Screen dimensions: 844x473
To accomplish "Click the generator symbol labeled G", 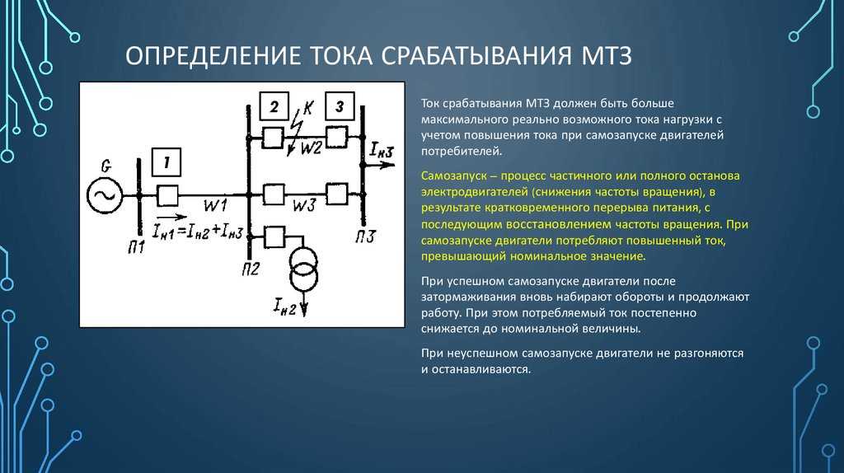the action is coord(105,195).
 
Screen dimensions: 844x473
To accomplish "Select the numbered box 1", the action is coord(166,162).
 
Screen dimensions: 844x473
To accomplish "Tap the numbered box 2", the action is coord(274,106).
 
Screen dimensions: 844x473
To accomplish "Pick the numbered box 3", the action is coord(340,105).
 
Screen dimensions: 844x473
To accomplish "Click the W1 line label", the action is coord(215,205).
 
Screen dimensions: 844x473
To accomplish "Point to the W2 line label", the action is coord(311,148).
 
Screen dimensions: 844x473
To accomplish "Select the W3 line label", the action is coord(304,205).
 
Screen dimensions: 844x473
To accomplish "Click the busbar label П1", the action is coord(136,247).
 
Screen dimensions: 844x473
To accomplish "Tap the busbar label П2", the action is coord(251,269).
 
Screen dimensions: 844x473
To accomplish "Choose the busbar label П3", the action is coord(365,236).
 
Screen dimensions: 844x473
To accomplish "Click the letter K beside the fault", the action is coord(308,108).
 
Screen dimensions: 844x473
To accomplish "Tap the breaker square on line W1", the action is coord(167,196).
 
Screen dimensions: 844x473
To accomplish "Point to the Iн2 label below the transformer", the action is coord(284,307).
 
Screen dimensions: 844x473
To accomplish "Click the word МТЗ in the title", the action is coord(606,56).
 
